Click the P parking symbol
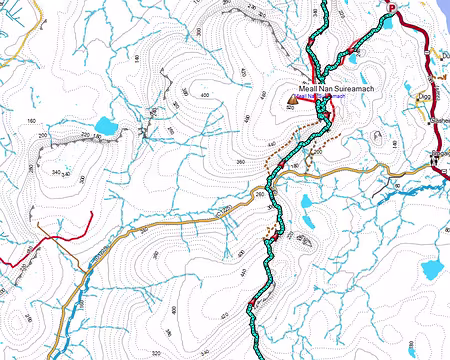[392, 9]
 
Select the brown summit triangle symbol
[292, 100]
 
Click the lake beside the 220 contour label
[107, 128]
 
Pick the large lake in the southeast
[432, 268]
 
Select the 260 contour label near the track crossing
[261, 195]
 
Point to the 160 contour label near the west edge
[31, 121]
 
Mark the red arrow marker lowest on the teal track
[250, 303]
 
